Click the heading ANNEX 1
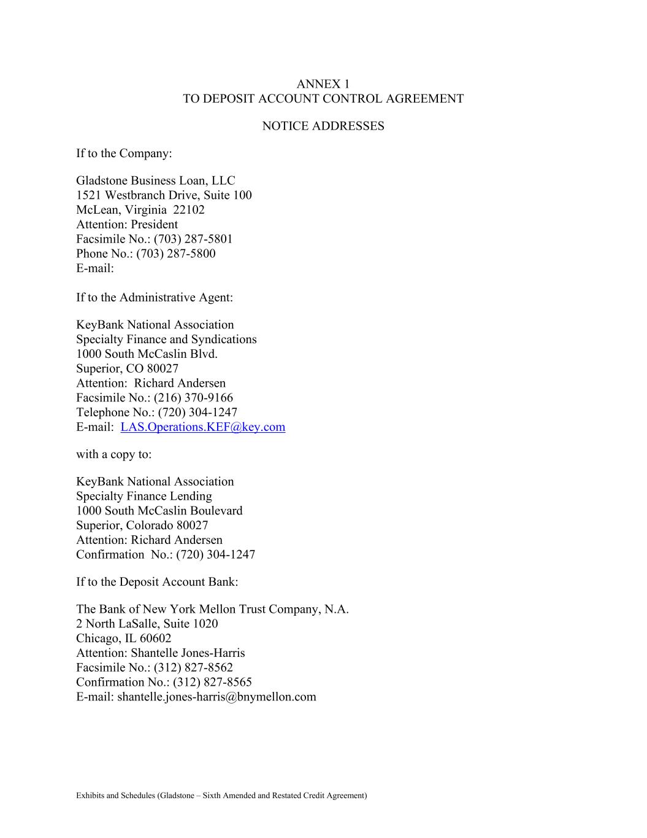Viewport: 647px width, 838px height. [323, 84]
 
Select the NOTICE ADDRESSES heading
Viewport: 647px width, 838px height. [323, 126]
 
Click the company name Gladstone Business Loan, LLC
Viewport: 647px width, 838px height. [155, 180]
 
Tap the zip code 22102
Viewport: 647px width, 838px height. [189, 210]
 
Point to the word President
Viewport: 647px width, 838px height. [154, 225]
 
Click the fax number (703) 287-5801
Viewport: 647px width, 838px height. [193, 239]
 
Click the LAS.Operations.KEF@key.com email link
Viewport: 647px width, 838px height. [202, 427]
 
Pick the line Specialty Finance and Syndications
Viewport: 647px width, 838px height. [166, 339]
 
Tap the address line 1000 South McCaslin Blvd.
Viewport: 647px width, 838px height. [147, 354]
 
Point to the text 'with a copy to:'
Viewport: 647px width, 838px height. [113, 454]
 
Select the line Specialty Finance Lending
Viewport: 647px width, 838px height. [144, 496]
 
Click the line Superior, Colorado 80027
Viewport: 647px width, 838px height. [142, 526]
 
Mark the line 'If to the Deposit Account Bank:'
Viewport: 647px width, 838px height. [157, 582]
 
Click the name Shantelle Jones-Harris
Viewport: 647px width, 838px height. [188, 653]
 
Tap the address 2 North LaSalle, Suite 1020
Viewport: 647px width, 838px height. [147, 624]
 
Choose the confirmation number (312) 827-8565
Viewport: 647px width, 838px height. [212, 682]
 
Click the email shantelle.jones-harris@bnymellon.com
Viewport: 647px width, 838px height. [216, 697]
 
